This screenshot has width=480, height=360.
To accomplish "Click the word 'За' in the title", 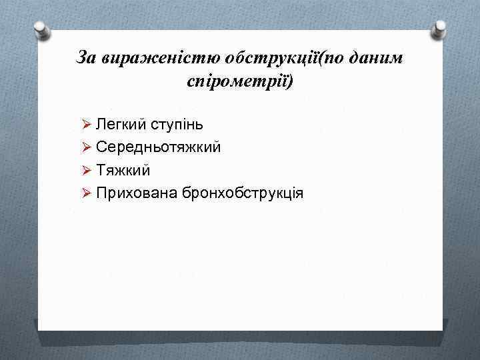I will click(x=87, y=59).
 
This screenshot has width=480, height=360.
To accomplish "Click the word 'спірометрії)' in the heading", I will click(x=240, y=83).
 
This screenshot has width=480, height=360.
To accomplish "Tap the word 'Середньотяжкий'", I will click(x=158, y=147).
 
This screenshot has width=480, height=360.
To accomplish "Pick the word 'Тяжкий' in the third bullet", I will click(x=123, y=170).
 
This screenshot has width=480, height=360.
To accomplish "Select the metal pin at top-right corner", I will click(x=440, y=29).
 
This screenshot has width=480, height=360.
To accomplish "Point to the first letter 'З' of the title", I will click(x=82, y=59).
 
